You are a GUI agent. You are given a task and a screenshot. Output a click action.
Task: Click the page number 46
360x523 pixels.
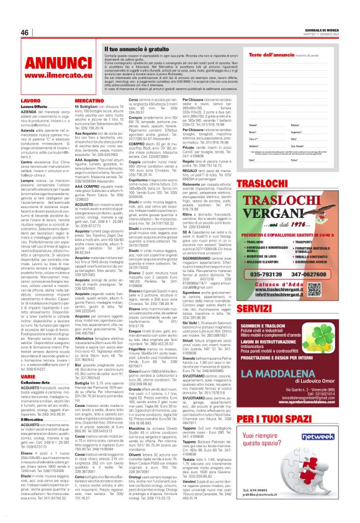25,33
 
